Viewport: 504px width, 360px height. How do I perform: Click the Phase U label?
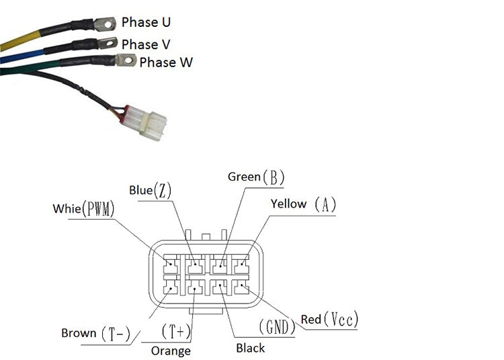pos(145,22)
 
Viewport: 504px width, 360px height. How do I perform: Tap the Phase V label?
pos(146,44)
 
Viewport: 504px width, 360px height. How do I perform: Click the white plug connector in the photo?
pos(153,124)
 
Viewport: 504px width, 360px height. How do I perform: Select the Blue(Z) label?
pos(151,191)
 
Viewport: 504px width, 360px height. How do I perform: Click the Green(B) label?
pos(256,177)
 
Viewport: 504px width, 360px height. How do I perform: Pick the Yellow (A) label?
pos(303,204)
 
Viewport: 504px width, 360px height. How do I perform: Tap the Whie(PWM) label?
pos(83,209)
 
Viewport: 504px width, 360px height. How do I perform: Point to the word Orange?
pos(171,351)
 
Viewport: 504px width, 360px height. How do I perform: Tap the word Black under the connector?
pos(250,348)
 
